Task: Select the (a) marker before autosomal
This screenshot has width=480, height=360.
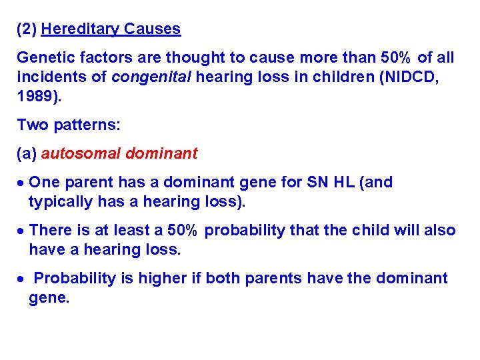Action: click(27, 153)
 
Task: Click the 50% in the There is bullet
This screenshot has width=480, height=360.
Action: click(182, 231)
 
